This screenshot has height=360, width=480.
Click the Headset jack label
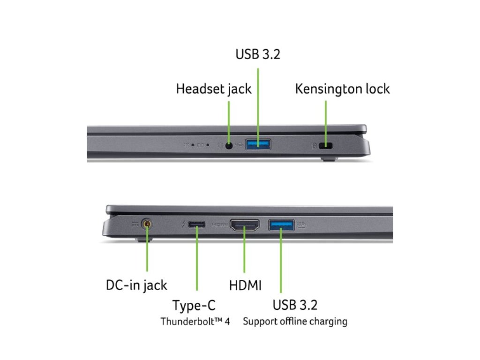pyautogui.click(x=214, y=89)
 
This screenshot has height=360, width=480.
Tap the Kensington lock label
pyautogui.click(x=342, y=89)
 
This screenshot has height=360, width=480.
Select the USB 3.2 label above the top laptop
pyautogui.click(x=257, y=54)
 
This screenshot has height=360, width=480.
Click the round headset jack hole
pyautogui.click(x=229, y=145)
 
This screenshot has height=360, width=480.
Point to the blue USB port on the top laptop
pyautogui.click(x=258, y=144)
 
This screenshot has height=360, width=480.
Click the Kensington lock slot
pyautogui.click(x=326, y=146)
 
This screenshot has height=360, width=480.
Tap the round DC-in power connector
pyautogui.click(x=148, y=225)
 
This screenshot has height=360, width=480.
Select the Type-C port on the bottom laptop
pyautogui.click(x=196, y=225)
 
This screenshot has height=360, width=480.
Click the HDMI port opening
pyautogui.click(x=245, y=226)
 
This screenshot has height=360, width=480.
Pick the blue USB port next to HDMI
pyautogui.click(x=281, y=225)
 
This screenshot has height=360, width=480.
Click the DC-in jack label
pyautogui.click(x=136, y=285)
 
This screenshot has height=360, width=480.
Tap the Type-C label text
pyautogui.click(x=194, y=306)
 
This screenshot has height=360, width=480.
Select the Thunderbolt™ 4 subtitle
pyautogui.click(x=195, y=322)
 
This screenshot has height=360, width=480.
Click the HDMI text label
pyautogui.click(x=245, y=285)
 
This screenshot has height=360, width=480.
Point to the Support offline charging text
pyautogui.click(x=295, y=322)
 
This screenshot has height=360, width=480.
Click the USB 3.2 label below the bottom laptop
pyautogui.click(x=295, y=305)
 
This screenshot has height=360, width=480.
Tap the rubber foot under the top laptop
pyautogui.click(x=330, y=160)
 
